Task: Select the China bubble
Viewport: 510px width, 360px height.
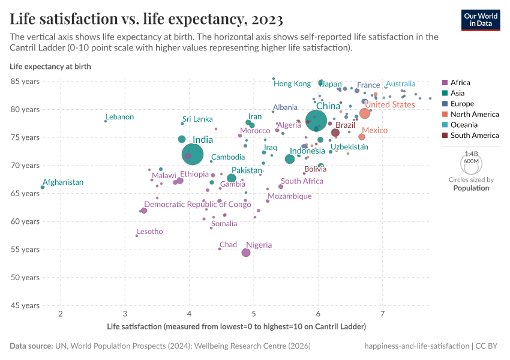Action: (x=316, y=120)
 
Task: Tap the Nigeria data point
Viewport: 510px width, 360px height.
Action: (x=246, y=253)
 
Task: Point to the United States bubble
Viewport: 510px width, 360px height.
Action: (x=364, y=113)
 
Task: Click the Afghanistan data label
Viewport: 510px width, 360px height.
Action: (x=62, y=182)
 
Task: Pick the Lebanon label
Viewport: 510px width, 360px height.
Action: (x=119, y=117)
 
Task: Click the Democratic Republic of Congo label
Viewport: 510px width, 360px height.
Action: (x=197, y=205)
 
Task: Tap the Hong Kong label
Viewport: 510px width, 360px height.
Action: (x=292, y=84)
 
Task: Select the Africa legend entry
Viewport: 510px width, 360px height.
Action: (x=460, y=83)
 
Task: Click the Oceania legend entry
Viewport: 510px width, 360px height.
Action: (x=464, y=125)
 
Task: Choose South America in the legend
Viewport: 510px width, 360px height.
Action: (x=474, y=136)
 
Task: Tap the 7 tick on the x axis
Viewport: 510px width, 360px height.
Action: (x=383, y=314)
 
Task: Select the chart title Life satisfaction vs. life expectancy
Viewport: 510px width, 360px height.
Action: (x=146, y=20)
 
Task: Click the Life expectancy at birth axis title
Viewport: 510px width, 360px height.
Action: (x=50, y=67)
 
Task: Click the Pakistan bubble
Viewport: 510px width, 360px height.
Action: (x=232, y=178)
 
